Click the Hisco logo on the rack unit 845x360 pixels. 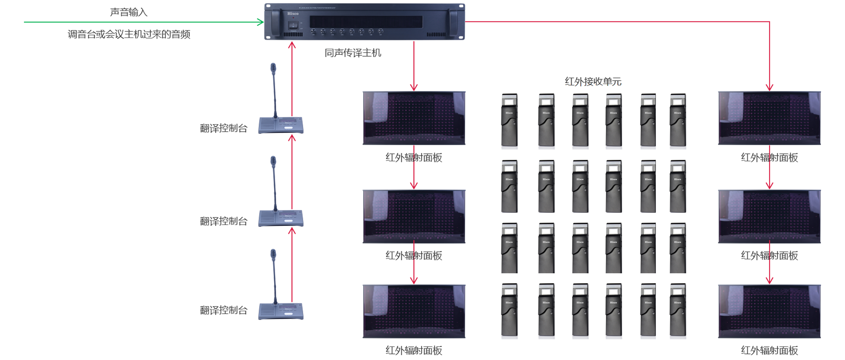pos(293,14)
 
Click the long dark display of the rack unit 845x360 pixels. pos(366,22)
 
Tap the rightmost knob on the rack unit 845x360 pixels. pos(381,32)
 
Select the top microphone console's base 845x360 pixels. pos(281,125)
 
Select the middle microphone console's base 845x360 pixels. pos(281,218)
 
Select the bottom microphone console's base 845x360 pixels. pos(281,311)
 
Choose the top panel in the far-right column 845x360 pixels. pos(769,118)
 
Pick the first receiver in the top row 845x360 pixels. pos(509,121)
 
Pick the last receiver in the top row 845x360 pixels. pos(678,121)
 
